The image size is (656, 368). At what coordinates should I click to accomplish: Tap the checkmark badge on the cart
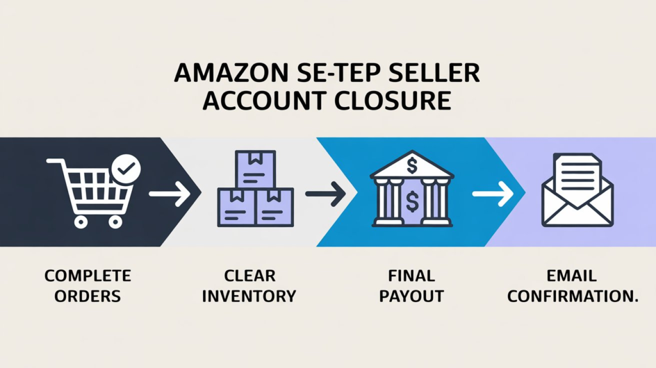(x=126, y=169)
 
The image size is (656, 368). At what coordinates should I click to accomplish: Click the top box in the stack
(x=256, y=169)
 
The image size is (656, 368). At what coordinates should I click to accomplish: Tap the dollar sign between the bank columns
(x=412, y=202)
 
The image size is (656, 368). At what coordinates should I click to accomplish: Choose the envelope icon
(x=577, y=192)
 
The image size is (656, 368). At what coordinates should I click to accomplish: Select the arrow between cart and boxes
(x=169, y=192)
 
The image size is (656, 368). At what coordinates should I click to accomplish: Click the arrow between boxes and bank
(x=325, y=192)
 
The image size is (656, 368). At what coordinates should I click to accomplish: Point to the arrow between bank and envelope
(x=493, y=192)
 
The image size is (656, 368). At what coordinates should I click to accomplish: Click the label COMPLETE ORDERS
(x=87, y=286)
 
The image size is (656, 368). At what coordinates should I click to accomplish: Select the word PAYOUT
(x=411, y=296)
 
